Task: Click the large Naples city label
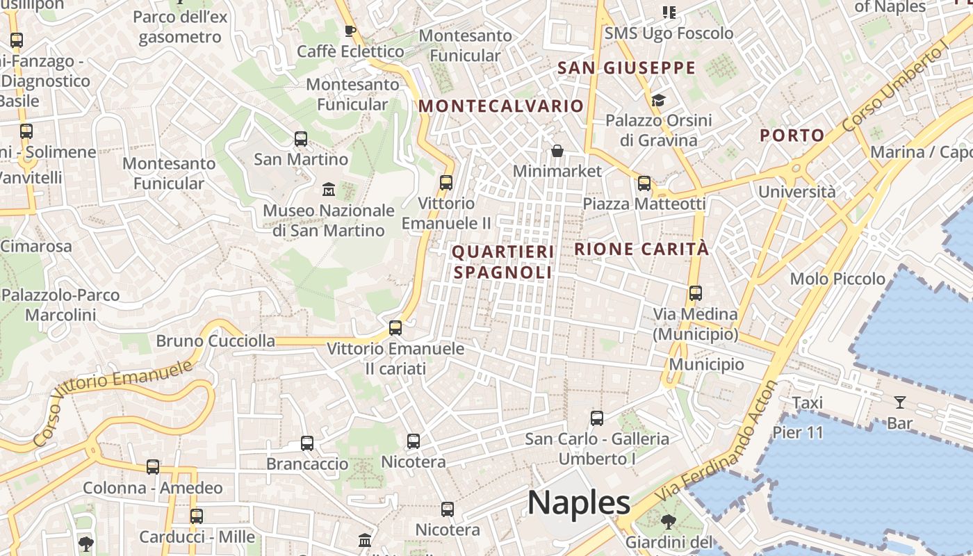coord(578,502)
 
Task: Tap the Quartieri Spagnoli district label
coord(503,262)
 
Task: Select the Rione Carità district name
coord(641,249)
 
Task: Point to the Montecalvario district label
coord(501,106)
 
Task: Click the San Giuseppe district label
coord(626,67)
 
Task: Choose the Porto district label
coord(792,136)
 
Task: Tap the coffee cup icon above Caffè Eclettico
coord(350,31)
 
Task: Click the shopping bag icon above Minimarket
coord(557,151)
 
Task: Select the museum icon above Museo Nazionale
coord(329,189)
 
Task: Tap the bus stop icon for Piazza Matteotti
coord(644,183)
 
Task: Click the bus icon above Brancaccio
coord(307,443)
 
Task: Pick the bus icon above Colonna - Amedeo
coord(153,467)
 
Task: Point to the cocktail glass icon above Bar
coord(899,402)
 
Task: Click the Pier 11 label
coord(798,432)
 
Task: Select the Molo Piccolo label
coord(837,279)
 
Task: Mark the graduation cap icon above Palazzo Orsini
coord(658,101)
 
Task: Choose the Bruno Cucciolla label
coord(215,341)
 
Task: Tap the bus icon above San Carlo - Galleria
coord(596,418)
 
